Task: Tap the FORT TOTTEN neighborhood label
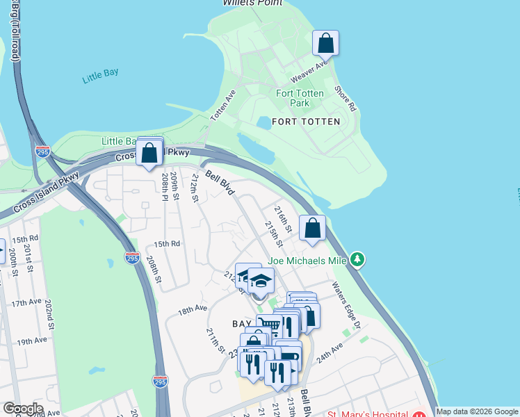click(306, 122)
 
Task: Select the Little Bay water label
click(101, 77)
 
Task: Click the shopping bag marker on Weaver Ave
click(325, 44)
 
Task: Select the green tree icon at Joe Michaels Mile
click(357, 260)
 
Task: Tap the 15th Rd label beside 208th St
click(167, 244)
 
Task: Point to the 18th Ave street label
click(192, 309)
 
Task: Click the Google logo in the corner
click(22, 409)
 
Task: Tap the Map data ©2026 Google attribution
click(477, 411)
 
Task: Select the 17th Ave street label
click(26, 302)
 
